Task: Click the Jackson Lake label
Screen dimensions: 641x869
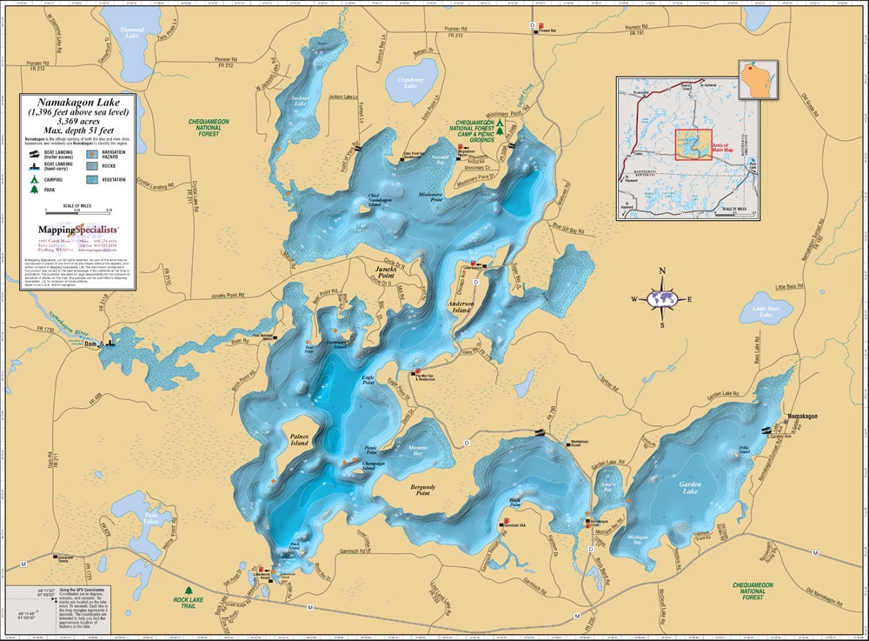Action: [301, 99]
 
